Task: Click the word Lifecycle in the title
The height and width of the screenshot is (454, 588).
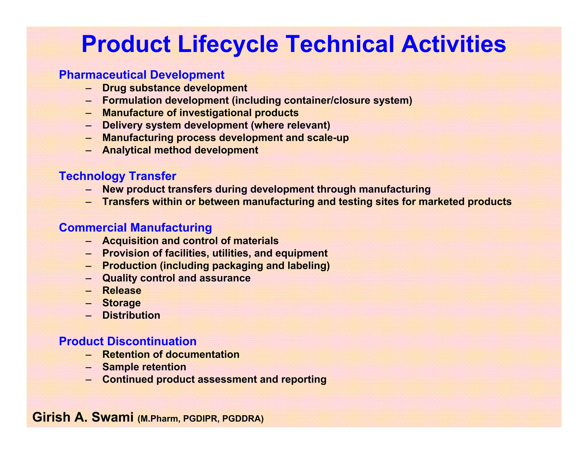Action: click(228, 44)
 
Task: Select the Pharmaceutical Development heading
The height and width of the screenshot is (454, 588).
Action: click(142, 75)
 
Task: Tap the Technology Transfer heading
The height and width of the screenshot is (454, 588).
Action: click(117, 176)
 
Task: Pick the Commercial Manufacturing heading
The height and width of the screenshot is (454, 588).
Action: click(135, 228)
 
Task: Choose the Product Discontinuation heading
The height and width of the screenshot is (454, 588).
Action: click(127, 341)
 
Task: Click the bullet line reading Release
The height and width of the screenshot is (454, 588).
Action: click(122, 290)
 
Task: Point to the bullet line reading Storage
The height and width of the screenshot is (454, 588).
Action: click(121, 303)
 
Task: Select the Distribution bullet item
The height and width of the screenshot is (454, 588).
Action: click(131, 315)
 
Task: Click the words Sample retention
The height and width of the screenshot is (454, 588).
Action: click(144, 367)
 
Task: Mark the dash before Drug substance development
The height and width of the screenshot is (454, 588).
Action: click(89, 88)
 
